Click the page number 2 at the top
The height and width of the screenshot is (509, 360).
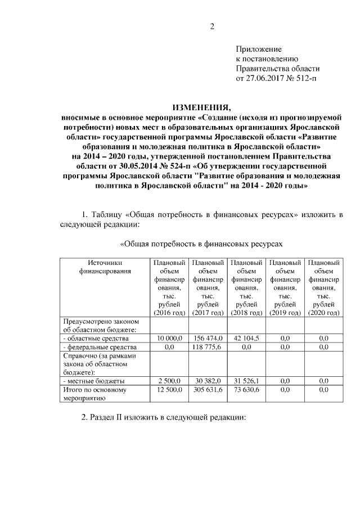tap(213, 26)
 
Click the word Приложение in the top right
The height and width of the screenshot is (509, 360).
tap(258, 49)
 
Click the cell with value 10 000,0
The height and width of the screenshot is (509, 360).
tap(169, 339)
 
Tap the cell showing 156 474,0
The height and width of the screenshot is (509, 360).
tap(208, 339)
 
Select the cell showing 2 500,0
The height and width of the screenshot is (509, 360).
tap(169, 381)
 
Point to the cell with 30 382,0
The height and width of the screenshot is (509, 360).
tap(208, 381)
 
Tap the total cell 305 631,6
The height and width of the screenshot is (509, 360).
tap(208, 389)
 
